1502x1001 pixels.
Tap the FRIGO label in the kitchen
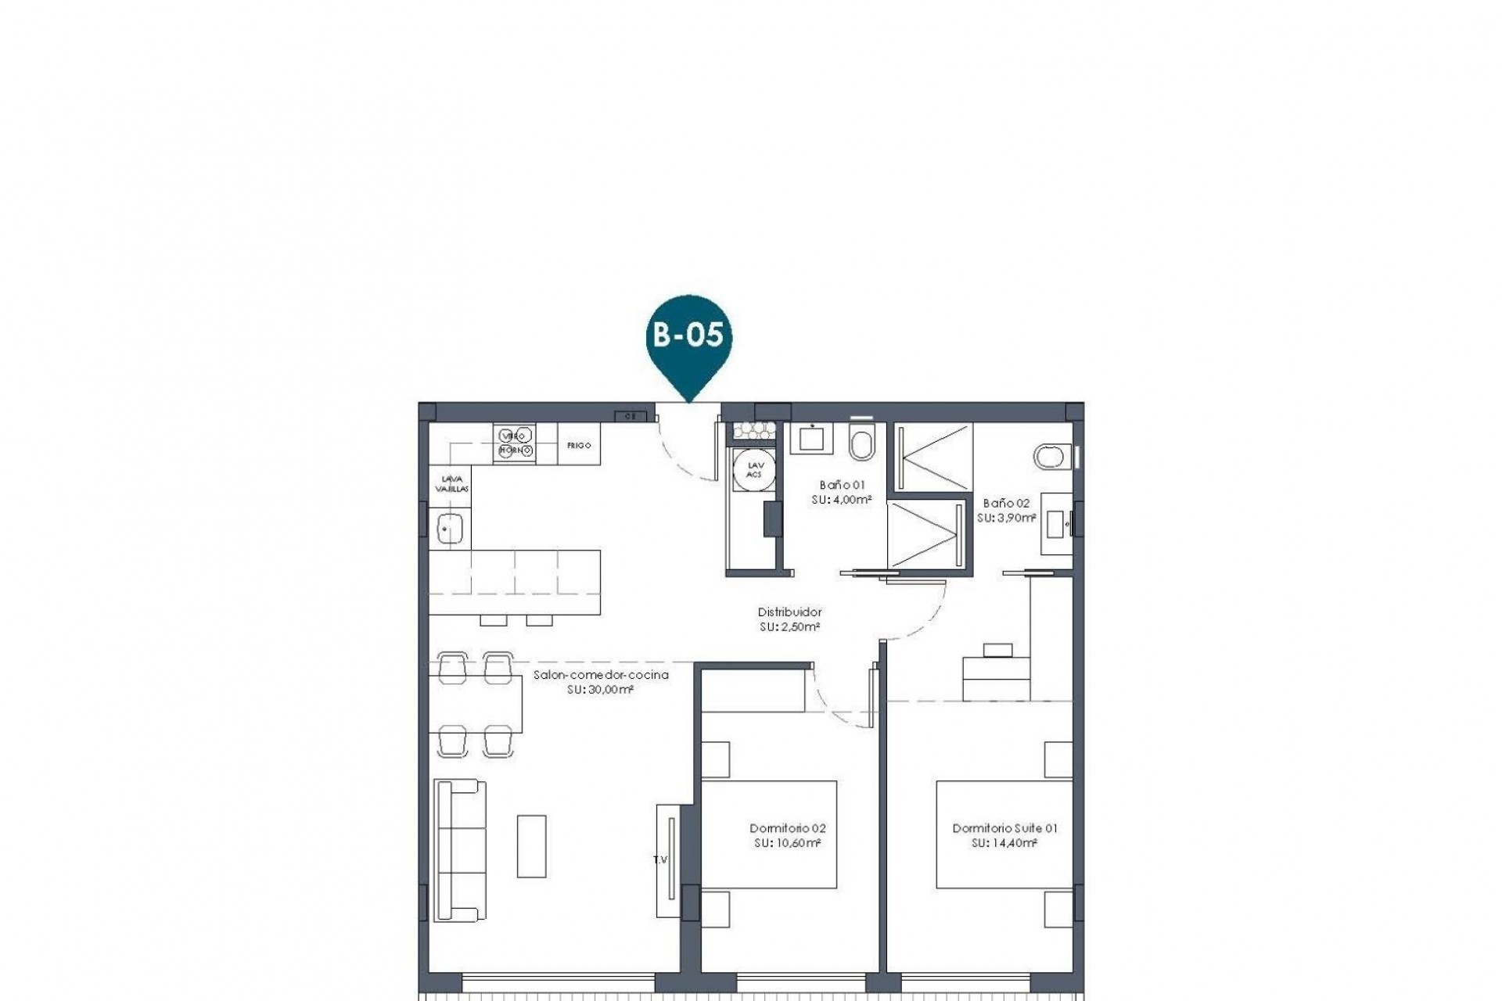(579, 445)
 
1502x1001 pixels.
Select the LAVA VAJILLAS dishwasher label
(451, 483)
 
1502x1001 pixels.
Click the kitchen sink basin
(450, 529)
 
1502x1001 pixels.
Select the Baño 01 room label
(842, 485)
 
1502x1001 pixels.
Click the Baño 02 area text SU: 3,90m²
(1006, 518)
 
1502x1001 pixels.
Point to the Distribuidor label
(789, 612)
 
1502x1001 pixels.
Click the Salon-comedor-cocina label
(601, 675)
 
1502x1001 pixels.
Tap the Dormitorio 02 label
(787, 828)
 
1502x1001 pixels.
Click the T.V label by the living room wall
(660, 860)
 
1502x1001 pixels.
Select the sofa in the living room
(459, 850)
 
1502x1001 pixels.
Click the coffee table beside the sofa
(531, 846)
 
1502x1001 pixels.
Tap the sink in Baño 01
(811, 438)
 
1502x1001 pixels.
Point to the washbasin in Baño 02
(1058, 523)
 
